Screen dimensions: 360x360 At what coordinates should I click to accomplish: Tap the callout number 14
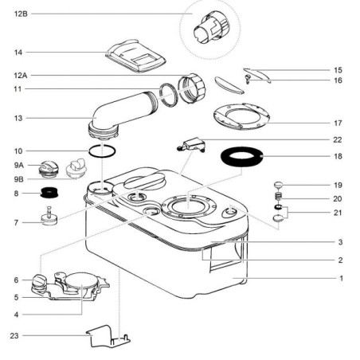point(18,53)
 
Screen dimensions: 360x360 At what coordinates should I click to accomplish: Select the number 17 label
point(338,123)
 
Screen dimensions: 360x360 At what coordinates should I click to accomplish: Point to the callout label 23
point(14,335)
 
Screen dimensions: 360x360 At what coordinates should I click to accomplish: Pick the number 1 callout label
point(341,278)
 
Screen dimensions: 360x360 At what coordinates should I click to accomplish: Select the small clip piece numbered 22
point(190,144)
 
